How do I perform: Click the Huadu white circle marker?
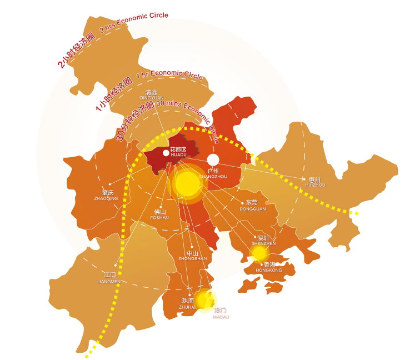[x=166, y=152]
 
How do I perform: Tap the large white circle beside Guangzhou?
[x=213, y=159]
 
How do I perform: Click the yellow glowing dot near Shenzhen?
[x=258, y=253]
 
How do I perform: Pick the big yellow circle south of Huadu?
[x=188, y=183]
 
